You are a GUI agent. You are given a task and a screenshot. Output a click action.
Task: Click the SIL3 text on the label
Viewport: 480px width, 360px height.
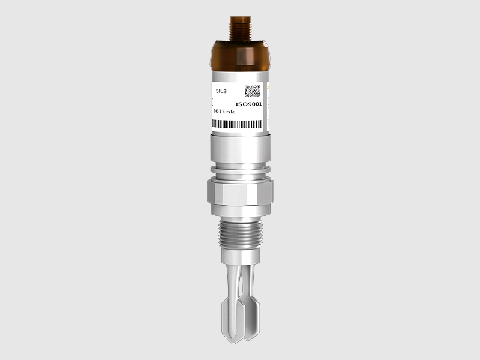221,91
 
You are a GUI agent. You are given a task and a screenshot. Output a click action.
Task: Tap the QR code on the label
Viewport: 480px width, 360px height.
252,91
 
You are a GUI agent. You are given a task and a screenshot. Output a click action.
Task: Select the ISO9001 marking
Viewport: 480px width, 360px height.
249,104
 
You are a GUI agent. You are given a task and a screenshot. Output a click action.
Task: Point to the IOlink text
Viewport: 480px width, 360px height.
224,112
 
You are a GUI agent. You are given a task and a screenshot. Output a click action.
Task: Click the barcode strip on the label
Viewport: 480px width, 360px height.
237,124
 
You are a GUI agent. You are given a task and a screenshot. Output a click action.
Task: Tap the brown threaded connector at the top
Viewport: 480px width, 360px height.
241,28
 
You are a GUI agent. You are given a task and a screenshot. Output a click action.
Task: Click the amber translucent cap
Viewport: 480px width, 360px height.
241,56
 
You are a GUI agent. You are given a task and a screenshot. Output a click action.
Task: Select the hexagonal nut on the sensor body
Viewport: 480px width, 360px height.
241,192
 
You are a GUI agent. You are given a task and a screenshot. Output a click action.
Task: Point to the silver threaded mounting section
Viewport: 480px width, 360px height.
241,235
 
